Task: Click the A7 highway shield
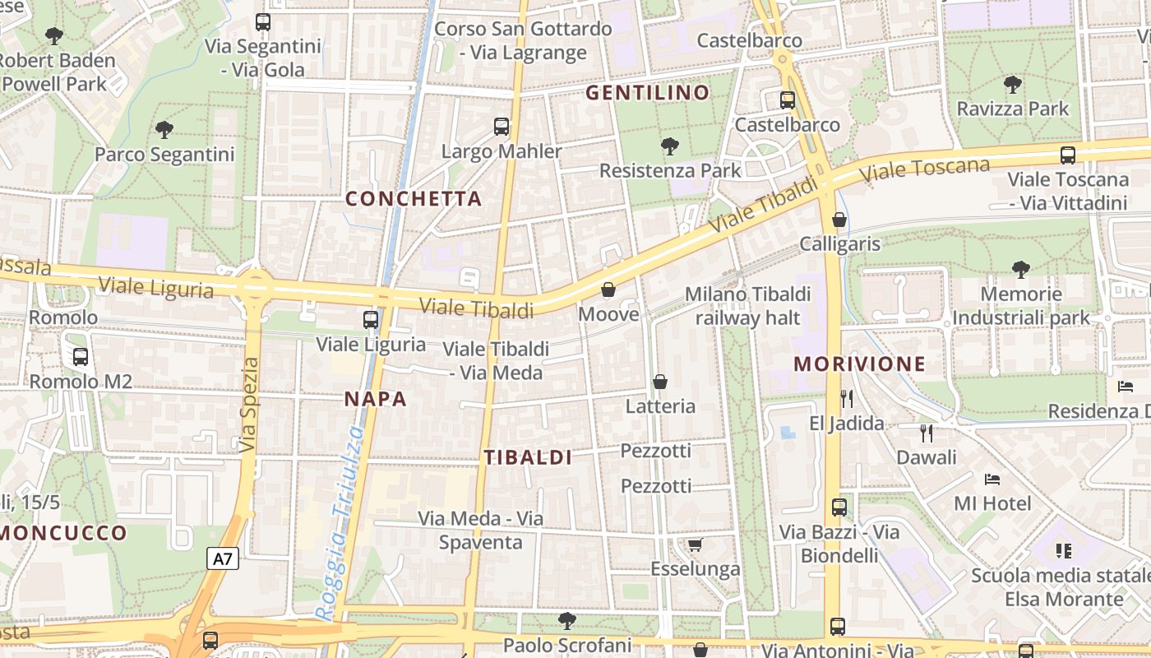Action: (x=222, y=559)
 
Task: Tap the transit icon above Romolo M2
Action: (x=81, y=357)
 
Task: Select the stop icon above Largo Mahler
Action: (x=502, y=127)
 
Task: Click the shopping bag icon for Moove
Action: (x=608, y=290)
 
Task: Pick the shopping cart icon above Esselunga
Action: (x=695, y=544)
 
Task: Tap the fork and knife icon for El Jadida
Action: (x=847, y=399)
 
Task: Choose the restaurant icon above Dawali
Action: (x=927, y=433)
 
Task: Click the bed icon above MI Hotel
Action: (x=992, y=479)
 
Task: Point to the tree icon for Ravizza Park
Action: (x=1013, y=84)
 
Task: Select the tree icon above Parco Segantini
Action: (x=164, y=129)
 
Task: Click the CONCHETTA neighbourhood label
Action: (x=414, y=199)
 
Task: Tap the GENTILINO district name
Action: (x=647, y=93)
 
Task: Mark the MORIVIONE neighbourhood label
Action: (x=859, y=364)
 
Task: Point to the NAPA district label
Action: (x=375, y=399)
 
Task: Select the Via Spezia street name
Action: (x=250, y=405)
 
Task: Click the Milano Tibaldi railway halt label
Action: (x=747, y=305)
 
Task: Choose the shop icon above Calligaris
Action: (x=839, y=220)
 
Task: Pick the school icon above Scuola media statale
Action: (x=1064, y=551)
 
